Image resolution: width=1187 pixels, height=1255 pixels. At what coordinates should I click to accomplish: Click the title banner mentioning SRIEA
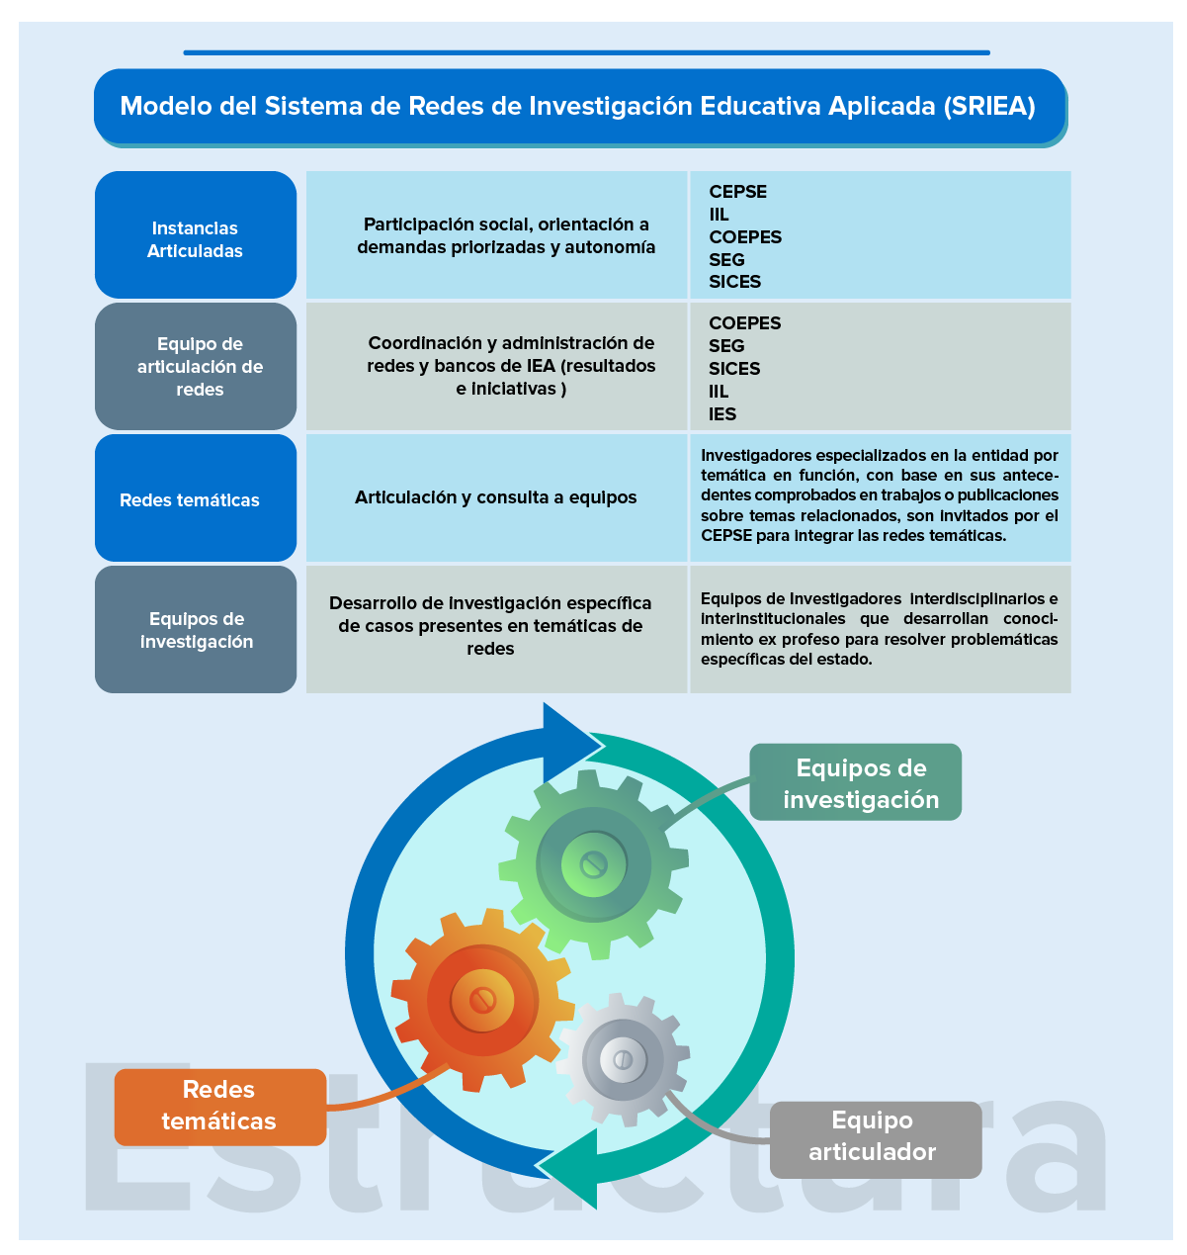[x=579, y=106]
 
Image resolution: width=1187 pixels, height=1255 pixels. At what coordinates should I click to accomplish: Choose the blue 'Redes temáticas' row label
[x=196, y=499]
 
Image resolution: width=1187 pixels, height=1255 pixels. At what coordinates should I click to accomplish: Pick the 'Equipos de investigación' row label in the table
[x=196, y=629]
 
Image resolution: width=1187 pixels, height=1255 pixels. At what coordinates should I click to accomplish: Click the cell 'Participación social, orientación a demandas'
[x=505, y=235]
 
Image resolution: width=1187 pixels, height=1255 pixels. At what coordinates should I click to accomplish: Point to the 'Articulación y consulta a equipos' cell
[x=495, y=497]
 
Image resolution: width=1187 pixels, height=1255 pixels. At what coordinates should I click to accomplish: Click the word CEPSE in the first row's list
[x=737, y=192]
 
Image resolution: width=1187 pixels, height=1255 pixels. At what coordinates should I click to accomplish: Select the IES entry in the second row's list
[x=722, y=414]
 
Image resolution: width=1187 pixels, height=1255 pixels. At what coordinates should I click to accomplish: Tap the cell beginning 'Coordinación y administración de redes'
[x=510, y=366]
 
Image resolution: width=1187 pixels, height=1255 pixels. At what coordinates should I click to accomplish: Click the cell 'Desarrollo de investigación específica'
[x=490, y=625]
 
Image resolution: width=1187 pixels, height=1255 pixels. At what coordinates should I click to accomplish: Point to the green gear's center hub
[x=593, y=864]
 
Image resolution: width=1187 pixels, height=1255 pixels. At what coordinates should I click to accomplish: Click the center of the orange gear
[x=482, y=1000]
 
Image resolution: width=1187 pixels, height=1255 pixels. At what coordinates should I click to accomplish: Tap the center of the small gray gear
[x=623, y=1059]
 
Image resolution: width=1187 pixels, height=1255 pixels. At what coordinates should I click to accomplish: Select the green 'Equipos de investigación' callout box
[x=856, y=782]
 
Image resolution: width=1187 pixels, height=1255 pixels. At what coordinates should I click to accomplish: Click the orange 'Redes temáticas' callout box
[x=219, y=1106]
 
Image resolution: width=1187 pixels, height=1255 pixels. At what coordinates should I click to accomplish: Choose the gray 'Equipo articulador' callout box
[x=874, y=1137]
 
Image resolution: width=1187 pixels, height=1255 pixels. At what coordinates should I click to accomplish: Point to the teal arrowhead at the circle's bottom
[x=573, y=1169]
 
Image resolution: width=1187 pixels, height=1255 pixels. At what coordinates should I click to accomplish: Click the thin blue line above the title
[x=586, y=52]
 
